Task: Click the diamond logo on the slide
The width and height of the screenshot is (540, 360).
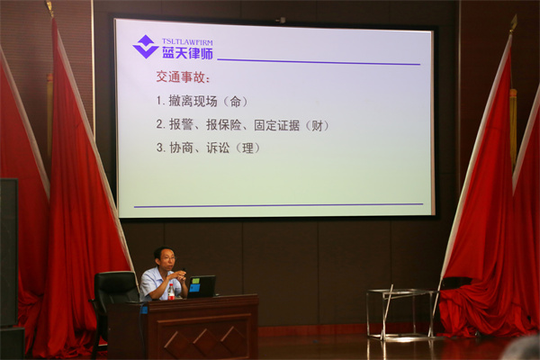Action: pyautogui.click(x=146, y=47)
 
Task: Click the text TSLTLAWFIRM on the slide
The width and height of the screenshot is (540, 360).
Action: pyautogui.click(x=187, y=42)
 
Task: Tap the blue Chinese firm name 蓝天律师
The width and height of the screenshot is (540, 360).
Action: pyautogui.click(x=188, y=53)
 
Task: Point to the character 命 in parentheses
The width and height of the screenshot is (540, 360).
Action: pyautogui.click(x=236, y=102)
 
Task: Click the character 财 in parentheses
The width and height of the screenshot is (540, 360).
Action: pyautogui.click(x=317, y=126)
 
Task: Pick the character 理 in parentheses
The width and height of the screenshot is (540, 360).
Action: pyautogui.click(x=247, y=148)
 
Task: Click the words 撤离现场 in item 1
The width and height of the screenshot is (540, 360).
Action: pyautogui.click(x=193, y=102)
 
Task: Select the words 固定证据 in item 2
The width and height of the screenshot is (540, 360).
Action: pyautogui.click(x=277, y=125)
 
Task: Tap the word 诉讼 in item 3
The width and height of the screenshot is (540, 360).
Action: pyautogui.click(x=218, y=148)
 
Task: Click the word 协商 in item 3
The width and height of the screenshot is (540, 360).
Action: pyautogui.click(x=181, y=148)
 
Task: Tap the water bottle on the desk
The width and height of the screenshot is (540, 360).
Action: pyautogui.click(x=171, y=292)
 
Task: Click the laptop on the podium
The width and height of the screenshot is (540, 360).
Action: pyautogui.click(x=201, y=286)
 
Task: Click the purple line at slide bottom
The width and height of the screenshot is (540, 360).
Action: pyautogui.click(x=278, y=205)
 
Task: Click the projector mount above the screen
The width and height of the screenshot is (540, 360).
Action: pyautogui.click(x=281, y=20)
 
